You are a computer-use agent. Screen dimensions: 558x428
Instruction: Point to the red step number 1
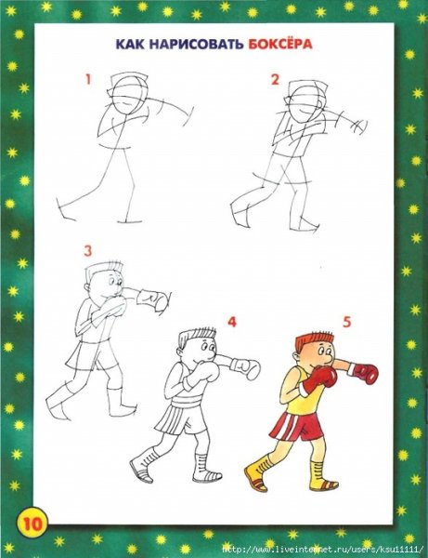88,80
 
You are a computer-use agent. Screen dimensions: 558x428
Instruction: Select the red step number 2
275,80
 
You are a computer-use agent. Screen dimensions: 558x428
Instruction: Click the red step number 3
87,250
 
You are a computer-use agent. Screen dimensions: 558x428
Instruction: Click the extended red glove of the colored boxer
366,374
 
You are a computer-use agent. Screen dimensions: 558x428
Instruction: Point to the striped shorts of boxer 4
178,420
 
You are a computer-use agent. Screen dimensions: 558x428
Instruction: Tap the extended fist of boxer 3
158,301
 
